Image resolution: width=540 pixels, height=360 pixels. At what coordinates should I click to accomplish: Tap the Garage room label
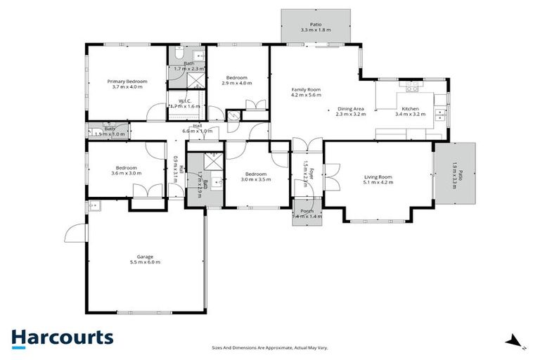(145, 257)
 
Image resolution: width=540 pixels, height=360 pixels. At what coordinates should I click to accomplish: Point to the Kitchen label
(410, 109)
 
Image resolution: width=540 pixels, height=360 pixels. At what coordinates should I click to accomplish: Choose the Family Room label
(306, 89)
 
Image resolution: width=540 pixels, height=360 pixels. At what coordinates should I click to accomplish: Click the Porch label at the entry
(307, 211)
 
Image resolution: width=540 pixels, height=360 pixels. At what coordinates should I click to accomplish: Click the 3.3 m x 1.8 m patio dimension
(315, 30)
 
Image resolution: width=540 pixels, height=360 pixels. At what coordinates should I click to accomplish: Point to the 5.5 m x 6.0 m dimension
(145, 262)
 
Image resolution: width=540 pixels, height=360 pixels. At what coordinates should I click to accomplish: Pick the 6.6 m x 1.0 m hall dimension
(197, 131)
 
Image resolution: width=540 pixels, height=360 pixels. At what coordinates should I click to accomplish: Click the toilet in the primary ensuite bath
(179, 53)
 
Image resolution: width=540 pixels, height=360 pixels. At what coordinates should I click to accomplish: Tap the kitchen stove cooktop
(411, 88)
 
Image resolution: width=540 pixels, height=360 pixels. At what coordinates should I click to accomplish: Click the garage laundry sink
(94, 206)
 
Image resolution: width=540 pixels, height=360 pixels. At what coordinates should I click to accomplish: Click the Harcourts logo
(62, 337)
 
